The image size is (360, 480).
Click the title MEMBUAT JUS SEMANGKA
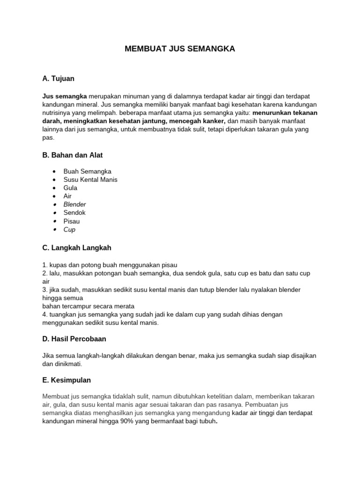(x=180, y=49)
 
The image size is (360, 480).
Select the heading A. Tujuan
(x=58, y=78)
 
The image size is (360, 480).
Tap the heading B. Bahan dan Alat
(x=73, y=155)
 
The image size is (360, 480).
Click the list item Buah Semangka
(x=88, y=172)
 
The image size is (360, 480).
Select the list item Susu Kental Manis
(x=90, y=180)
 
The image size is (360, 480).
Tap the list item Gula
(x=70, y=188)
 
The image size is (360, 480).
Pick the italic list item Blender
(x=75, y=204)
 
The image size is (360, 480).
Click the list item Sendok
(x=75, y=213)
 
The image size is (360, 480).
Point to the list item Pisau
(x=72, y=221)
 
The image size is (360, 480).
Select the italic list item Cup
(x=69, y=230)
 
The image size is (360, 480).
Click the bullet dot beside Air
(x=55, y=196)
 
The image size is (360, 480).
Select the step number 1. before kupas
(x=45, y=265)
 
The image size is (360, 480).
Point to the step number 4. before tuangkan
(x=45, y=315)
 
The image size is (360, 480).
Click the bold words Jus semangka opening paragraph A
(x=64, y=96)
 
